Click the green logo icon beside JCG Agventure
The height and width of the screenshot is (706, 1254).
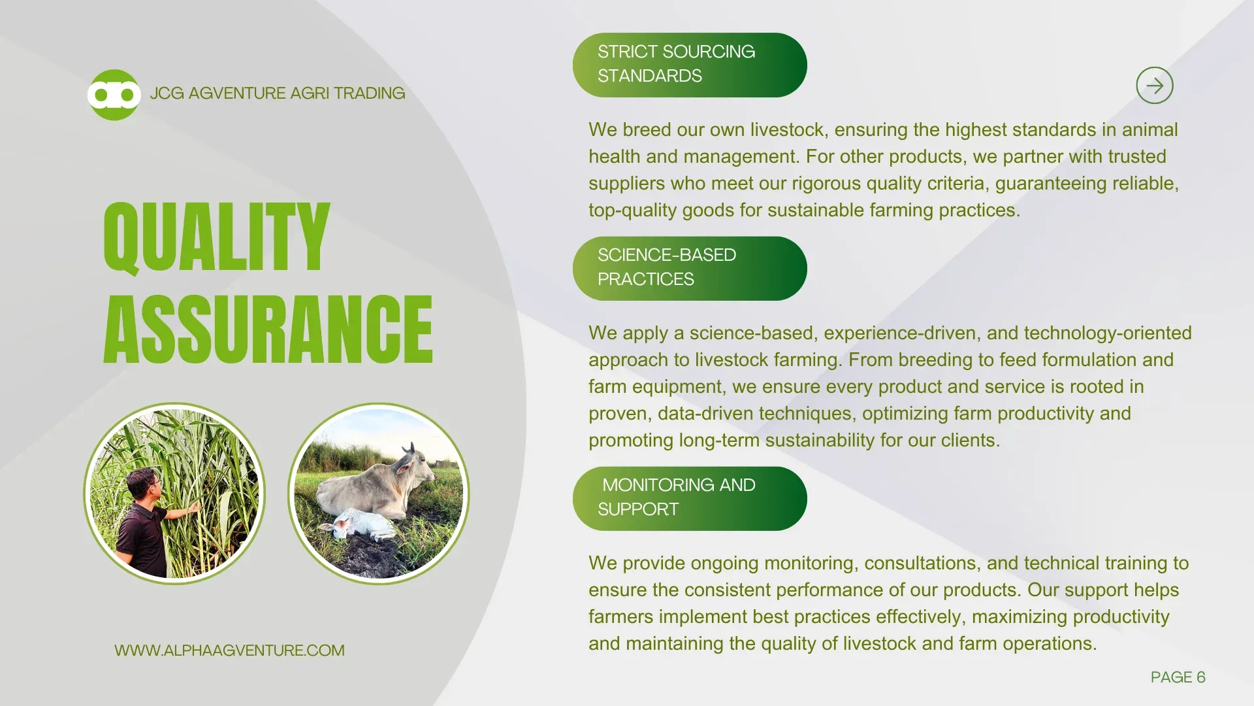(114, 95)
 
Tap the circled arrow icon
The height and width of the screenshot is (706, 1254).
(1155, 86)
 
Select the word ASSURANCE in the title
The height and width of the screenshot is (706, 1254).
(268, 329)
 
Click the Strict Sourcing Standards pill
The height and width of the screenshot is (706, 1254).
(690, 65)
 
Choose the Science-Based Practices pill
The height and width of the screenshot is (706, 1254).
(690, 268)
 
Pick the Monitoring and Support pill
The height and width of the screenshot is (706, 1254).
(690, 498)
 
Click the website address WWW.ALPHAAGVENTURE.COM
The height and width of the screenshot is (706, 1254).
(229, 650)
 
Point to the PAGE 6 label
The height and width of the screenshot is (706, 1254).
(1178, 677)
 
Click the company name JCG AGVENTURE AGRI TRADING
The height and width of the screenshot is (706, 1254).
(278, 93)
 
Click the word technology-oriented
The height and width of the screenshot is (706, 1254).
(1108, 333)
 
